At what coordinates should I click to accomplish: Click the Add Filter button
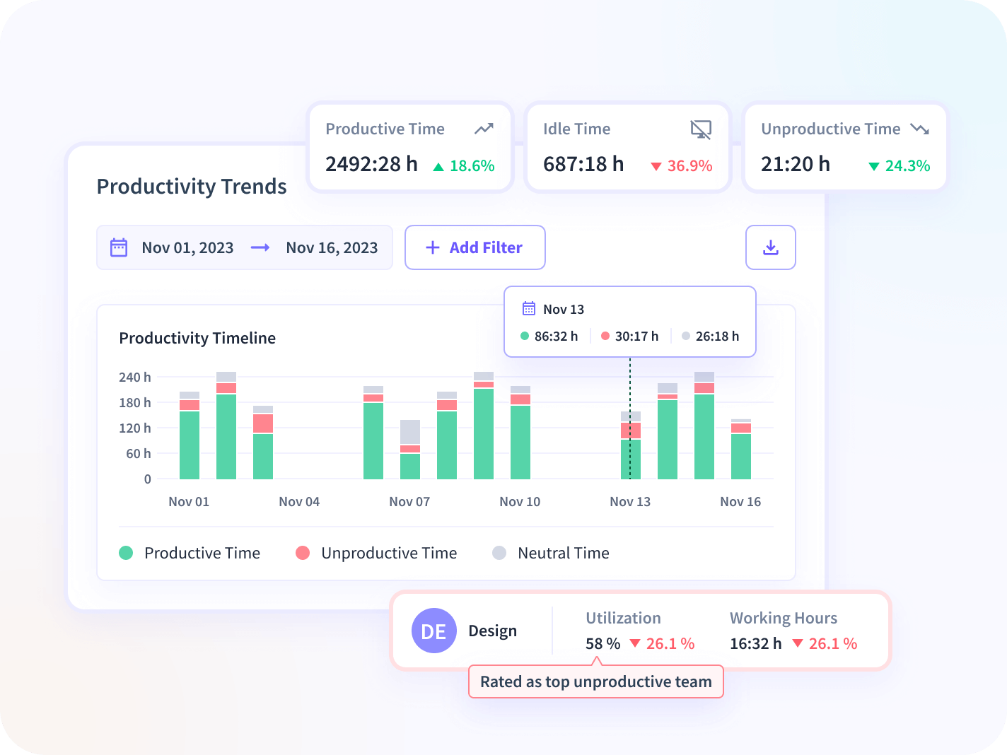click(475, 247)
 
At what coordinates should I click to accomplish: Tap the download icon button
click(770, 247)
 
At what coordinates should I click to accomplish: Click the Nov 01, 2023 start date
click(187, 248)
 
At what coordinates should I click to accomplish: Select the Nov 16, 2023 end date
click(332, 248)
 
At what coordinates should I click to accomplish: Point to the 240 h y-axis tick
click(134, 377)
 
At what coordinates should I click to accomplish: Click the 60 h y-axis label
click(138, 454)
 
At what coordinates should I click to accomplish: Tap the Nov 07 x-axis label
click(409, 502)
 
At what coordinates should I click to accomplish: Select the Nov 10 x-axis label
click(520, 502)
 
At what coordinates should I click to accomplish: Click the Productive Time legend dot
click(126, 553)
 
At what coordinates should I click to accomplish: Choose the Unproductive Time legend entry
click(388, 553)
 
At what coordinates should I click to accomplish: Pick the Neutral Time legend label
click(563, 553)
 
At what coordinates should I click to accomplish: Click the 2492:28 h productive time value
click(371, 164)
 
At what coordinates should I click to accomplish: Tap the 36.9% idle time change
click(689, 166)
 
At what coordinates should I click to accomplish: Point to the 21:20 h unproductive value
click(796, 164)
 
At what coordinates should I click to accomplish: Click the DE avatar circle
click(433, 631)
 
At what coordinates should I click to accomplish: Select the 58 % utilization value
click(603, 644)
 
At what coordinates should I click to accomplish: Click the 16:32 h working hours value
click(756, 644)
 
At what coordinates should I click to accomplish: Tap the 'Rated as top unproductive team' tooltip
click(595, 681)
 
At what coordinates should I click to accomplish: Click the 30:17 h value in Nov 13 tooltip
click(636, 336)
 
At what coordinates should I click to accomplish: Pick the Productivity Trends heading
click(192, 187)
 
